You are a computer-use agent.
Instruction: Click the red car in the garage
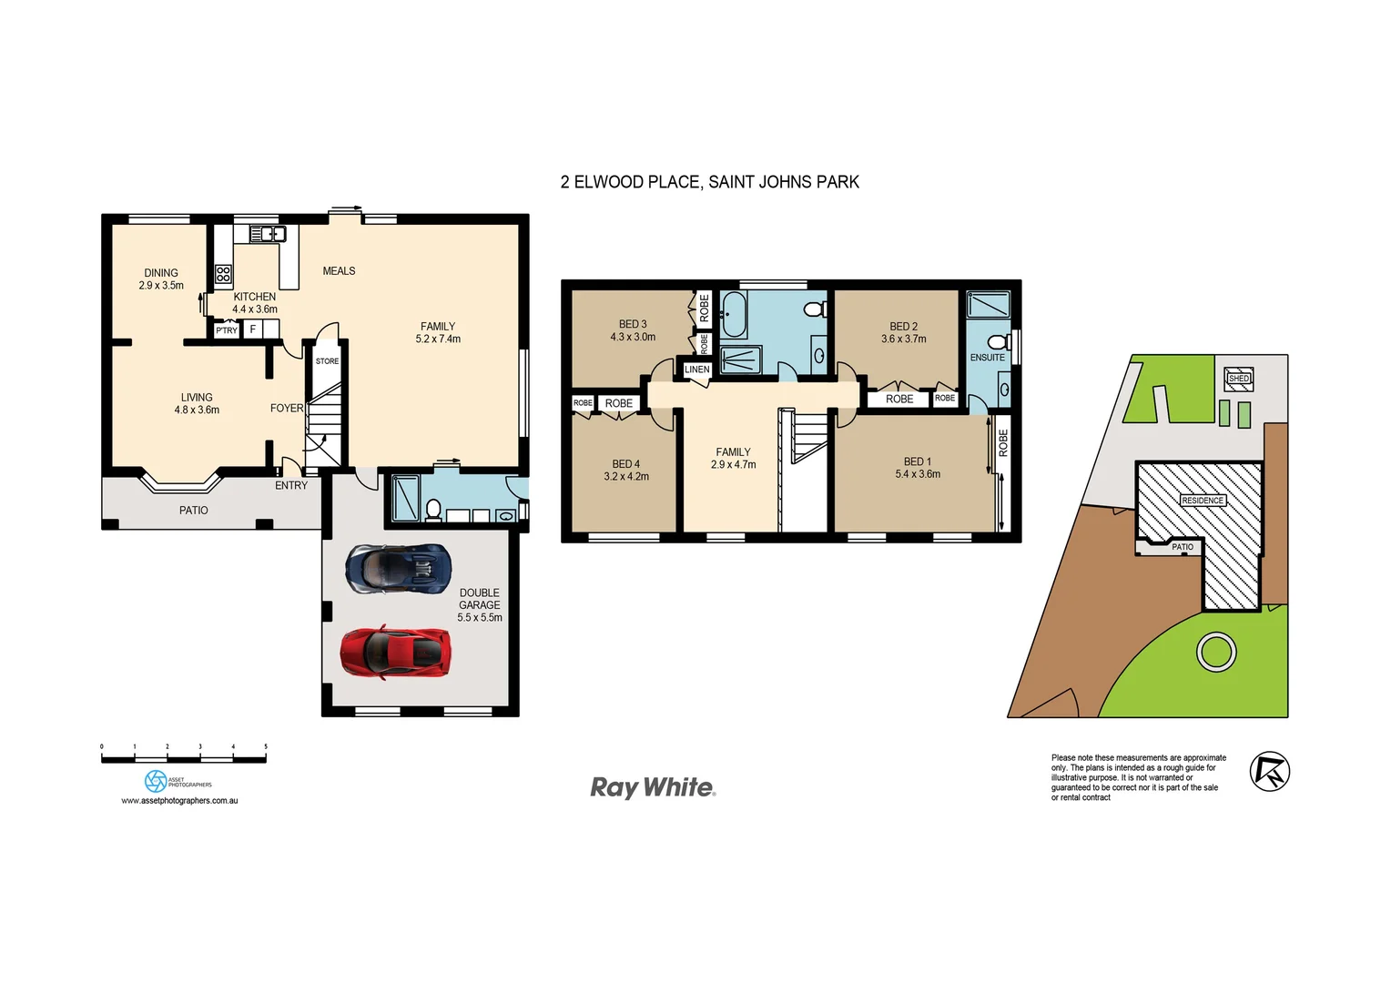pos(396,651)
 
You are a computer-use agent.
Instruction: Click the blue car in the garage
pos(398,568)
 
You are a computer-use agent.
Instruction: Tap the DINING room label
pos(161,273)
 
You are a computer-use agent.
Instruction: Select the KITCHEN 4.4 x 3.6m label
pos(255,303)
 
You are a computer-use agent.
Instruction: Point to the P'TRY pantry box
pos(226,330)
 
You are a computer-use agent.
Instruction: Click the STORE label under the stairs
pos(327,361)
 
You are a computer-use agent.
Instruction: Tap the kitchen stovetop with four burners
pos(223,274)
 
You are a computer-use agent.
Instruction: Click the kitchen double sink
pos(268,235)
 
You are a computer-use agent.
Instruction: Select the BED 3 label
pos(633,324)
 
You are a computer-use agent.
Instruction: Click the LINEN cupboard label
pos(696,370)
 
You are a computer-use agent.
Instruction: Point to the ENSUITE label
pos(987,358)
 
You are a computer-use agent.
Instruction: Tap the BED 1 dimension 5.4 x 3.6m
pos(918,474)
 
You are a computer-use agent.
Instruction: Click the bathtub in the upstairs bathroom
pos(734,314)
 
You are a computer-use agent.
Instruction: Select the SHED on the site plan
pos(1239,378)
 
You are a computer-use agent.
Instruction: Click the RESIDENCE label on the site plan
pos(1203,501)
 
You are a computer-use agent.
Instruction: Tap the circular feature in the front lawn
pos(1215,652)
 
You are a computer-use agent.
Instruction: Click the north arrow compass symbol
pos(1269,772)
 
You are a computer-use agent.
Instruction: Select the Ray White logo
pos(653,787)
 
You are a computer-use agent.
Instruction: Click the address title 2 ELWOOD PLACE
pos(709,182)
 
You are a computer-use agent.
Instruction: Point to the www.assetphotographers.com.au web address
pos(179,801)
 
